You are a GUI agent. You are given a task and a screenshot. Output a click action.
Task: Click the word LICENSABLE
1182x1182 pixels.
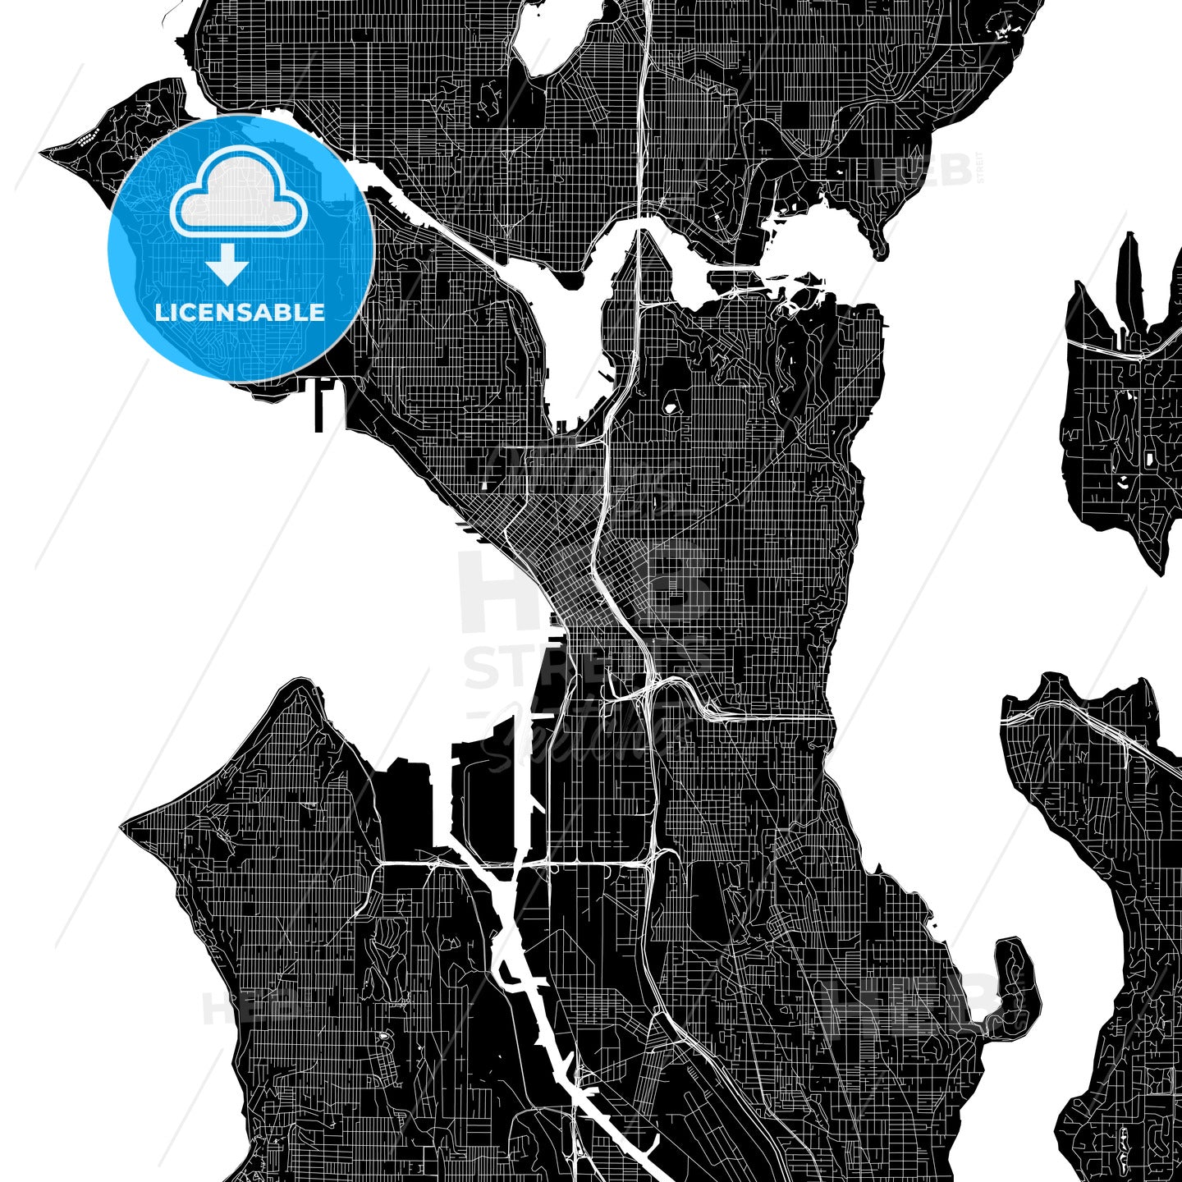pyautogui.click(x=240, y=312)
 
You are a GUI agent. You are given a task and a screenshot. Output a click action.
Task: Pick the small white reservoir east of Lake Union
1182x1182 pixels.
pyautogui.click(x=671, y=406)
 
